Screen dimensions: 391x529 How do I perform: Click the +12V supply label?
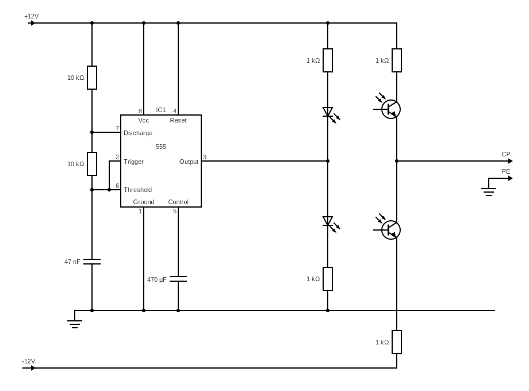tap(31, 16)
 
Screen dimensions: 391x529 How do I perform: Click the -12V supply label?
tap(29, 361)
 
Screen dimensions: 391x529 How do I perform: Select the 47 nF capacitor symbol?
tap(92, 262)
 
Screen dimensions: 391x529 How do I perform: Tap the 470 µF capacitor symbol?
tap(178, 279)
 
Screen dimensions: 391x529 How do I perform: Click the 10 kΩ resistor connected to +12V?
tap(92, 78)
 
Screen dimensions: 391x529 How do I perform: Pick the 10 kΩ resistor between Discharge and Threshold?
tap(92, 164)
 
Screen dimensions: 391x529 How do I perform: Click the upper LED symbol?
tap(328, 112)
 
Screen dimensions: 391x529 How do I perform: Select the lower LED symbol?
tap(328, 221)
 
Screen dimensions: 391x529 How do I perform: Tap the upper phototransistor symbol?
tap(390, 109)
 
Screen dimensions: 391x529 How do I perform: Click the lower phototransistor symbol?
tap(390, 230)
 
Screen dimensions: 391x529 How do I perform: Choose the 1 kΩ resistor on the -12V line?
tap(397, 342)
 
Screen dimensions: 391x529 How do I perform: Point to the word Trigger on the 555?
tap(133, 162)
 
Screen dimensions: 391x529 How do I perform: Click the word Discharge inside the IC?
tap(138, 133)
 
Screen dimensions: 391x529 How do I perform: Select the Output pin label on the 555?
tap(189, 162)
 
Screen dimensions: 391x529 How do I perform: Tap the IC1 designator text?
tap(161, 110)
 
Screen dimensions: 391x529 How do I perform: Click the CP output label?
tap(506, 154)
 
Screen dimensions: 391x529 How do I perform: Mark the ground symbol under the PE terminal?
tap(489, 191)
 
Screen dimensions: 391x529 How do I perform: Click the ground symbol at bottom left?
tap(75, 324)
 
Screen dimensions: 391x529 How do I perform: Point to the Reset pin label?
tap(178, 120)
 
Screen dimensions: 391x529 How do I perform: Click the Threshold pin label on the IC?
tap(138, 190)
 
